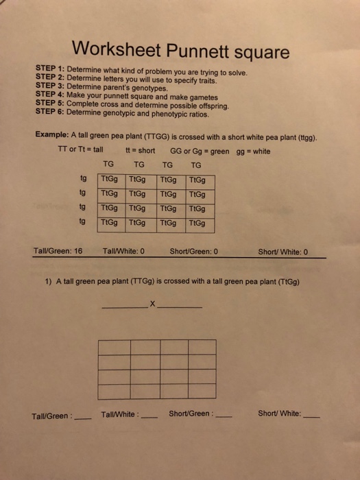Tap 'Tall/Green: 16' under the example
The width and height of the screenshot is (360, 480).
point(58,251)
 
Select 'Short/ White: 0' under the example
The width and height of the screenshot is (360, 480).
point(283,251)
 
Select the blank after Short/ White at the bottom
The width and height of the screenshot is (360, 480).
point(311,416)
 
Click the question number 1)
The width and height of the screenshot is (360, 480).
point(49,281)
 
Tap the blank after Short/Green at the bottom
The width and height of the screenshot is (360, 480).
point(224,416)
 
